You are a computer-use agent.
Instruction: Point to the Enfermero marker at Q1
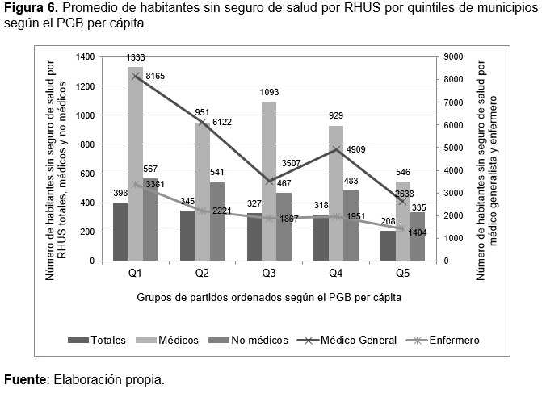pyautogui.click(x=135, y=184)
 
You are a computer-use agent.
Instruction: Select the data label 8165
pyautogui.click(x=157, y=77)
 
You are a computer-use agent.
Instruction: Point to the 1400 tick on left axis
pyautogui.click(x=84, y=57)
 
